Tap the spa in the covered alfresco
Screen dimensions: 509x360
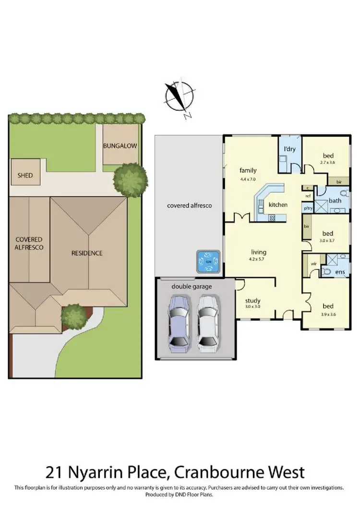click(x=208, y=262)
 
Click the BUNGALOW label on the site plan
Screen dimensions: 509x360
click(x=120, y=145)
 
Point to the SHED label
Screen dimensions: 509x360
click(x=25, y=175)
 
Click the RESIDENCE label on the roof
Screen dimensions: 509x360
click(x=87, y=253)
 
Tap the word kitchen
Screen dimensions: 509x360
click(x=278, y=205)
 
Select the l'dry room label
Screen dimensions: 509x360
click(x=290, y=149)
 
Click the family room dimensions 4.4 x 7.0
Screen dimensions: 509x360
click(x=248, y=179)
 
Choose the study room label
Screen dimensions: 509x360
click(x=252, y=301)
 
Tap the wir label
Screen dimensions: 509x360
click(x=314, y=264)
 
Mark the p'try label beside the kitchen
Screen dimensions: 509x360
click(x=307, y=208)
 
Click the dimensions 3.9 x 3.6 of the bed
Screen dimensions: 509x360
click(x=328, y=315)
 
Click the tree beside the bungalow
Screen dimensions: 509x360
click(x=129, y=179)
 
